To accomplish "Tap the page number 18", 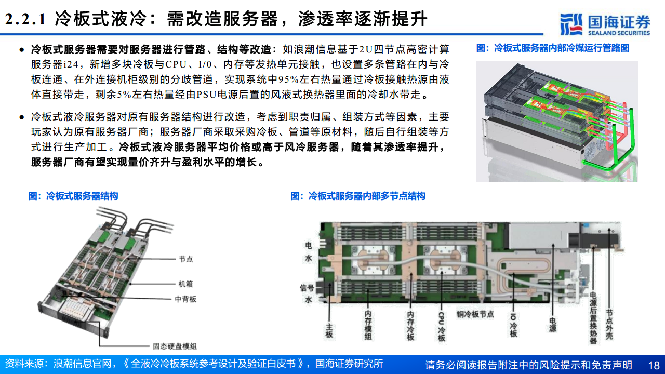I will [654, 365].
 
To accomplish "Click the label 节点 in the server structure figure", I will [185, 259].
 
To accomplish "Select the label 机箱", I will [185, 284].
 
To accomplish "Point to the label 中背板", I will [185, 299].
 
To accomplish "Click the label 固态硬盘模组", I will [175, 346].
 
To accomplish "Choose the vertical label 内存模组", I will [368, 326].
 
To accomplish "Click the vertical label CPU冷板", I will [441, 326].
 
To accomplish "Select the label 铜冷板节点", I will [475, 314].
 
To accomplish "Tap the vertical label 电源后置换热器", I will [593, 317].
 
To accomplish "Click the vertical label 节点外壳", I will [609, 325].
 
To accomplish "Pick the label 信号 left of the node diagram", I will [307, 287].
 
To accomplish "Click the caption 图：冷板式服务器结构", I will [73, 196].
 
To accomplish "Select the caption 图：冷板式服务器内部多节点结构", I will [358, 196].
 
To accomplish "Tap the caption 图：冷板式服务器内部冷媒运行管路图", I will [553, 48].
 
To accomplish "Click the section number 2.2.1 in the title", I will [25, 20].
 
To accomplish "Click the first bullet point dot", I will [21, 50].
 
